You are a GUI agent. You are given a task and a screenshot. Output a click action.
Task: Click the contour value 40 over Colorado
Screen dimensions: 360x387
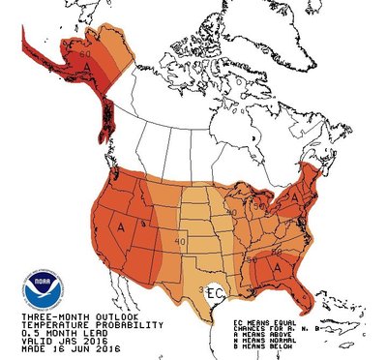point(180,241)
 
